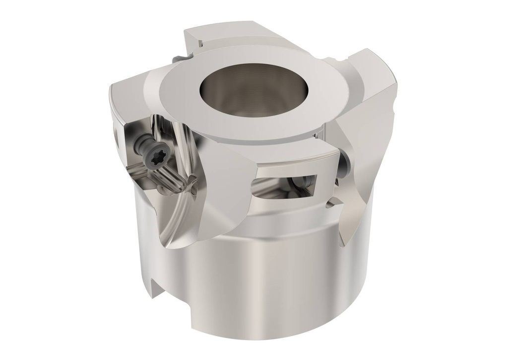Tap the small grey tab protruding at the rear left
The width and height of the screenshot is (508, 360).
pyautogui.click(x=180, y=60)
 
